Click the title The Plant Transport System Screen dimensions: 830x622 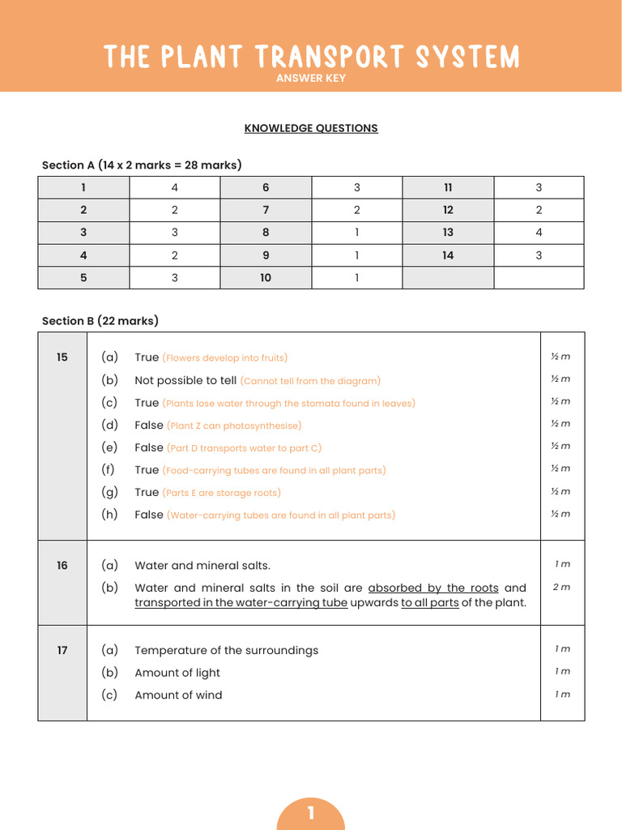(311, 57)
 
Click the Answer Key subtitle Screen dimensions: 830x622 (311, 79)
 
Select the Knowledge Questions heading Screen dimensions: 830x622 (311, 128)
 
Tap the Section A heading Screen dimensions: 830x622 (142, 165)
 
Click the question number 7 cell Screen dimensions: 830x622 (266, 210)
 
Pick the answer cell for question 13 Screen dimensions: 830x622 (539, 233)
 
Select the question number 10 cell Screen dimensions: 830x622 (266, 278)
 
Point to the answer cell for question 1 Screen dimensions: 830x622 (174, 187)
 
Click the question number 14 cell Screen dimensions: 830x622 (448, 255)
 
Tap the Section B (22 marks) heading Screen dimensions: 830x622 (100, 321)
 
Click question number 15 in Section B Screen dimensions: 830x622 (62, 357)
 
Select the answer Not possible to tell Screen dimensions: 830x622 (185, 380)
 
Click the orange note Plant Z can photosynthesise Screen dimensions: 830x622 (234, 426)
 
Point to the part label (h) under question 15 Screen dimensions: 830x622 (109, 514)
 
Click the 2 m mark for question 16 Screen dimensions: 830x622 (561, 587)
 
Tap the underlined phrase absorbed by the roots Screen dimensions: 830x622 (432, 588)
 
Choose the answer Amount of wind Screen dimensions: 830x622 (178, 695)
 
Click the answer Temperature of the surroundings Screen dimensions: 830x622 (226, 650)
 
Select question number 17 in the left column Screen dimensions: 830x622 (62, 650)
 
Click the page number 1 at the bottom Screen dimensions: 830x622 (311, 813)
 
